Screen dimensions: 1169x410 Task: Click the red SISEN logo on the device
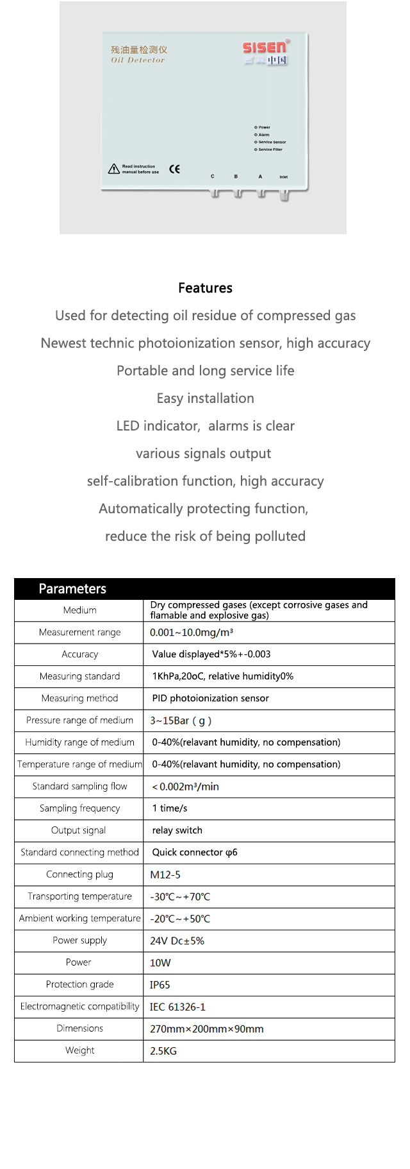[265, 47]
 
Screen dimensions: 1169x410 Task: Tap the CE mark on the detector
[174, 169]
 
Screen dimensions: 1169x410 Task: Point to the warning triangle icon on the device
[114, 169]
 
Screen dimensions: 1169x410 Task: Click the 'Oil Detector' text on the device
[138, 60]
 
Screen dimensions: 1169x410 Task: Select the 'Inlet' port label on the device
[284, 176]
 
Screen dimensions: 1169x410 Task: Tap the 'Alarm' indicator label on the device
[263, 135]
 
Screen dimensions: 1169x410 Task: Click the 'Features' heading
[205, 288]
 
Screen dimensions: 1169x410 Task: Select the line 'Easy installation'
[205, 398]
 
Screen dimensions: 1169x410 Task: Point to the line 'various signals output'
[203, 454]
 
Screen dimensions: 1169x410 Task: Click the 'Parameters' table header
[72, 588]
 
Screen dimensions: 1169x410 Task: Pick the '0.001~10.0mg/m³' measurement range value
[192, 633]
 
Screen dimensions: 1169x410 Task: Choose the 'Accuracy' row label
[79, 654]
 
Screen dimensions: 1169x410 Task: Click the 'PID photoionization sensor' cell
[210, 698]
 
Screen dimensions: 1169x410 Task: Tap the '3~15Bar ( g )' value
[181, 721]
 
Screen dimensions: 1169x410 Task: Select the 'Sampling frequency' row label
[79, 808]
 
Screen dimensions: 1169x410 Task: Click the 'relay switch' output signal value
[177, 830]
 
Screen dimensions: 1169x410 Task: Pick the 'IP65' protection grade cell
[160, 985]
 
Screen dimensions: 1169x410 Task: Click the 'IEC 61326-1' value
[177, 1007]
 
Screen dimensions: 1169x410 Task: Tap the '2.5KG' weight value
[163, 1051]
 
